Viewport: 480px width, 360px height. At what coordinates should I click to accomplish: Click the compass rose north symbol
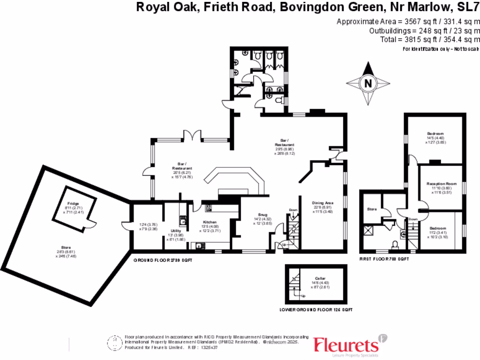click(368, 84)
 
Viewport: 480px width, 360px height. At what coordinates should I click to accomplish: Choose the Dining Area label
click(323, 203)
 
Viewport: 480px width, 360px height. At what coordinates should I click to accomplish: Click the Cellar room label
click(320, 278)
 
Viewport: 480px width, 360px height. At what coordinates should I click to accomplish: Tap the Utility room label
click(176, 231)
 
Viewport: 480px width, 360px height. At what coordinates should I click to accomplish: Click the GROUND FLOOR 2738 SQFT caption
click(163, 260)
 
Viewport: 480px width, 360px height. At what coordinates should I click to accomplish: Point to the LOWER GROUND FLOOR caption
click(315, 310)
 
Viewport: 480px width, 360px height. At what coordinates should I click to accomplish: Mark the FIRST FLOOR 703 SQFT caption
click(384, 259)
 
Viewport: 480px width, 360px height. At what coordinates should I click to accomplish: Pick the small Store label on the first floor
click(372, 209)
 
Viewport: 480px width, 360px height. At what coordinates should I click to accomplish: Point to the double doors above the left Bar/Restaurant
click(191, 136)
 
